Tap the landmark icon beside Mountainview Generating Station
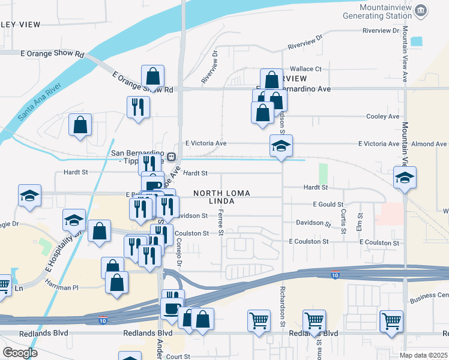[x=421, y=10]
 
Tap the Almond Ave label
[x=429, y=144]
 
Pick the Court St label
[x=179, y=356]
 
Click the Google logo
[x=20, y=353]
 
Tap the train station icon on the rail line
[x=171, y=157]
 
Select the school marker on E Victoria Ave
[x=281, y=146]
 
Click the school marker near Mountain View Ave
[x=405, y=178]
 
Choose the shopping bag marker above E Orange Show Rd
[x=153, y=77]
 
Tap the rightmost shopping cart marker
[x=391, y=320]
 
